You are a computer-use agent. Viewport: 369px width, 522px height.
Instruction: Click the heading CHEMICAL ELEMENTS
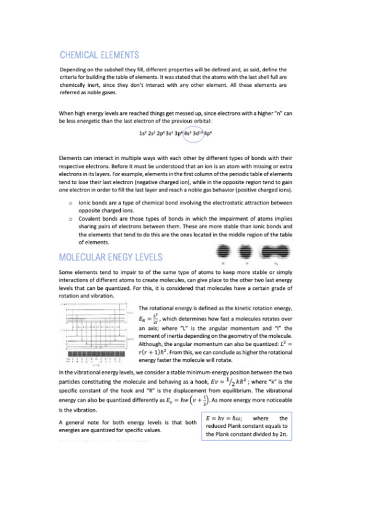pyautogui.click(x=99, y=55)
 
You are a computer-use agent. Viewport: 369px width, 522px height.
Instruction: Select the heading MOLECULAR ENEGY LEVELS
pyautogui.click(x=110, y=257)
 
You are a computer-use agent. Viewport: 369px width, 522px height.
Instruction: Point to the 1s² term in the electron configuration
pyautogui.click(x=142, y=132)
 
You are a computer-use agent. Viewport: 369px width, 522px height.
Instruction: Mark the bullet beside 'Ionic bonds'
pyautogui.click(x=70, y=203)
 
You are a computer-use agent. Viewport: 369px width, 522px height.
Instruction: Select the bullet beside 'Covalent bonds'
pyautogui.click(x=70, y=219)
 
